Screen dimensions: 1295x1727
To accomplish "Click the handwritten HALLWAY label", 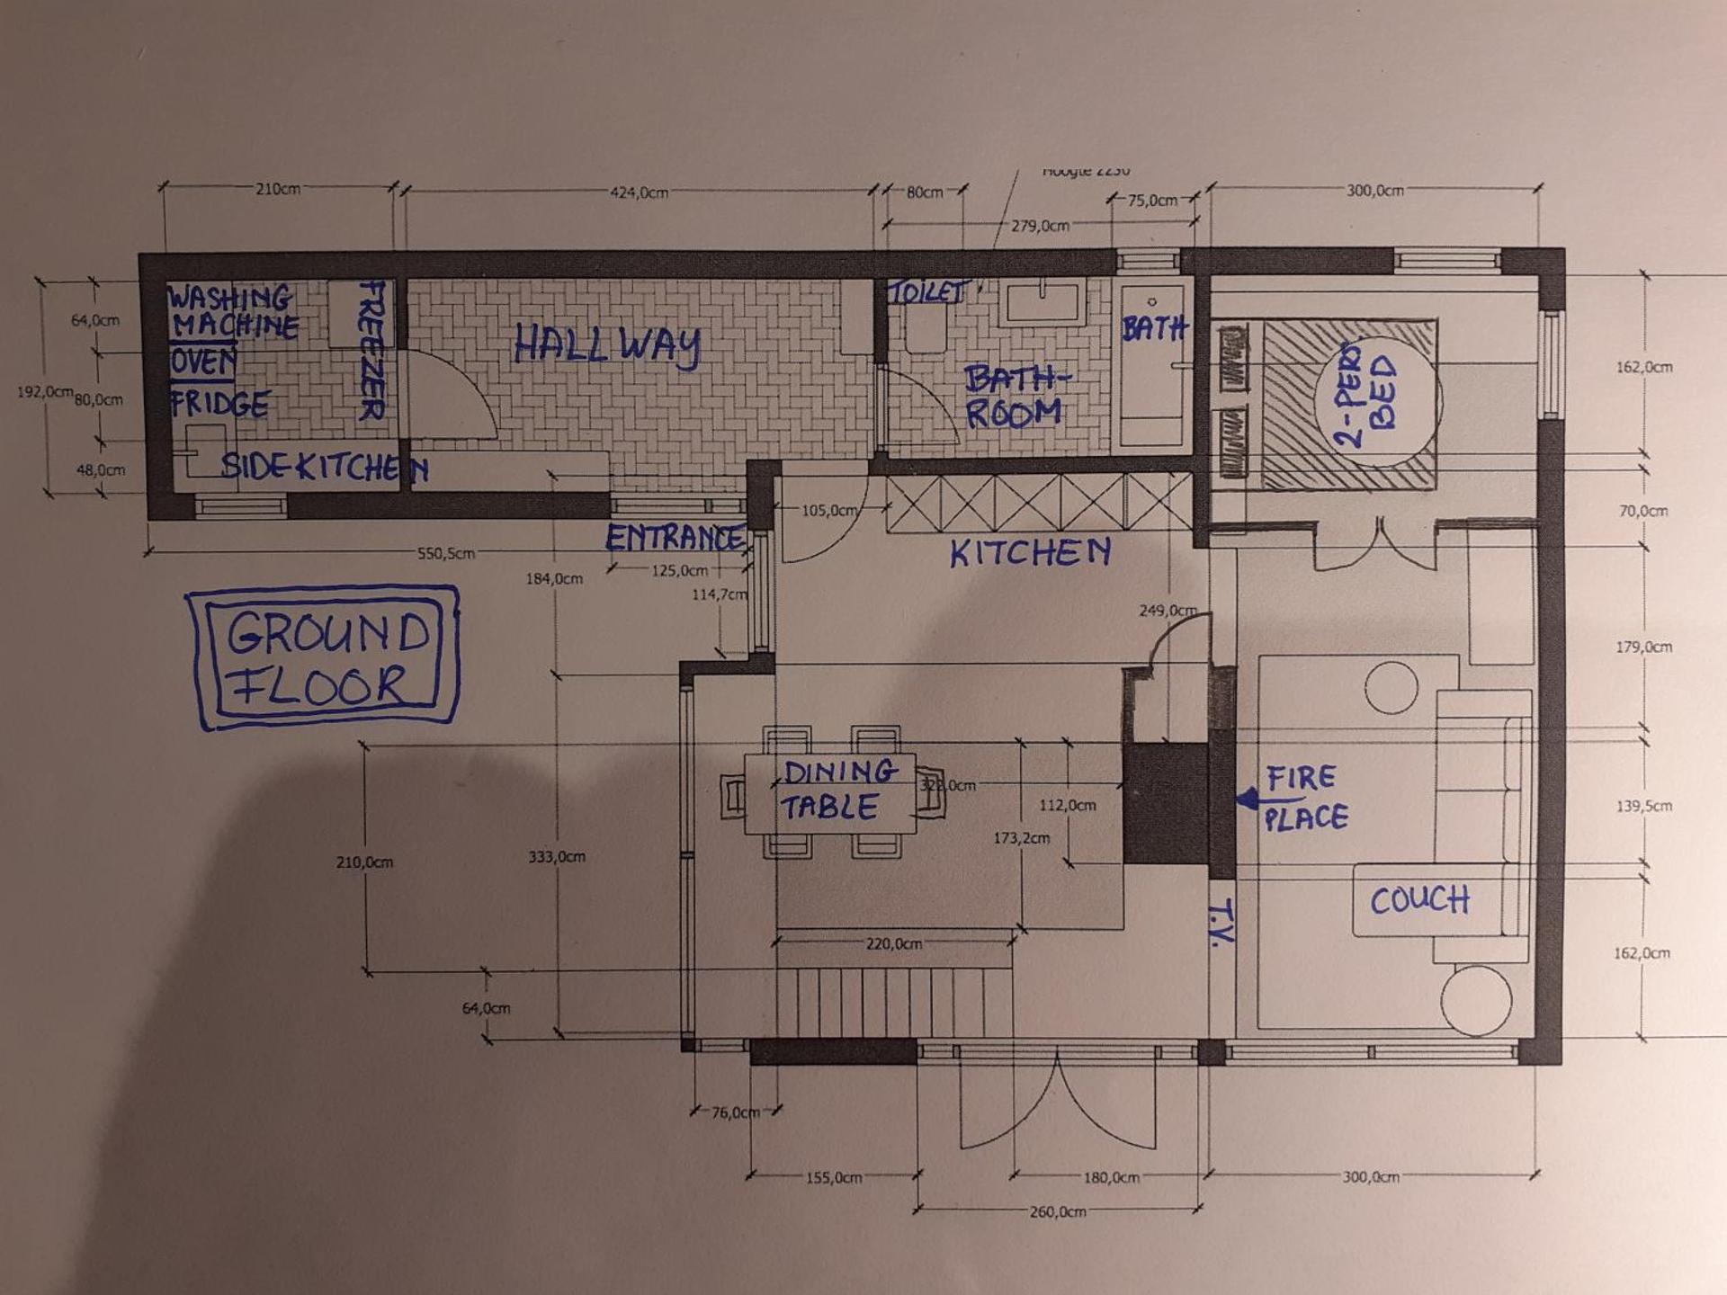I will coord(607,346).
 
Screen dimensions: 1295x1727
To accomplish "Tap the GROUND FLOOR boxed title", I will coord(324,657).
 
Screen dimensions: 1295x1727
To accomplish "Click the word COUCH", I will coord(1419,900).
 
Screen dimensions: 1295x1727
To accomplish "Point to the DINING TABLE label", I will coord(833,790).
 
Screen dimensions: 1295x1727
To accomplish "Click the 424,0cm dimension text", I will coord(639,192).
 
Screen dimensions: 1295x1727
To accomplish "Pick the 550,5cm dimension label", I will coord(445,554).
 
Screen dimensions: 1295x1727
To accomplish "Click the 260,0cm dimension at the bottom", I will coord(1058,1212).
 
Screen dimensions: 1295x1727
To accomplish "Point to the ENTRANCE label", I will coord(675,539).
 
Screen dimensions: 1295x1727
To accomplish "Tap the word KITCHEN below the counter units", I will coord(1031,552).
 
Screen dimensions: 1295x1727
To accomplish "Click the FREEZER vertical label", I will coord(371,351).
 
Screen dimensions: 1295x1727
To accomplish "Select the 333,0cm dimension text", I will coord(557,857).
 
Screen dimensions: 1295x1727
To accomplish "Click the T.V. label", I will coord(1221,921).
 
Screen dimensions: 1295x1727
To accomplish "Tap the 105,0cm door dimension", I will coord(828,511).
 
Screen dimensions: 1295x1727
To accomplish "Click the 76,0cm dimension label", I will coord(736,1112).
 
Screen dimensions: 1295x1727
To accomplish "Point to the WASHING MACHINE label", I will coord(232,311).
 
